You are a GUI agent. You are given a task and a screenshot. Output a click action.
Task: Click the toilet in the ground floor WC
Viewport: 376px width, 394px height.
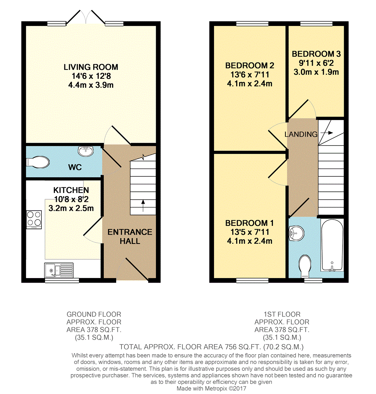click(38, 162)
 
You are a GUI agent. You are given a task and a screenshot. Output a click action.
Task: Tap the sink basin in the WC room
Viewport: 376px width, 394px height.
click(86, 151)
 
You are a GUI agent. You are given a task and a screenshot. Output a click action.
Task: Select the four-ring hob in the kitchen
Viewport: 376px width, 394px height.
click(34, 220)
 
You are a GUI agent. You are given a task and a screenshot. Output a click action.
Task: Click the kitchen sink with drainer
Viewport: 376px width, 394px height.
click(59, 270)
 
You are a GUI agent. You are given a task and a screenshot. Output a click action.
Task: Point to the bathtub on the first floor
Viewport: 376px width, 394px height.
click(332, 245)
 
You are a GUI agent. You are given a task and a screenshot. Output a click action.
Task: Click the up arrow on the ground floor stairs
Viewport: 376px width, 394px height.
click(143, 205)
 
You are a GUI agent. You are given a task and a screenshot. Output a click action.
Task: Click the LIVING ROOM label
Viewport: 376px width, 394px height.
click(91, 67)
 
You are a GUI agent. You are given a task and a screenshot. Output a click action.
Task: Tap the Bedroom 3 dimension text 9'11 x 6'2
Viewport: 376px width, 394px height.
click(316, 63)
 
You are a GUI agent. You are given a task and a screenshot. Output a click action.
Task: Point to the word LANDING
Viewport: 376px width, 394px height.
click(301, 134)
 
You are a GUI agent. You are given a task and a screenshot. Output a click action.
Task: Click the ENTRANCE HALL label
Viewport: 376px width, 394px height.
click(130, 236)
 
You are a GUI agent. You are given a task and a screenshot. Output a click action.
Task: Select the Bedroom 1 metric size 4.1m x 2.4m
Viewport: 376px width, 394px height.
click(250, 241)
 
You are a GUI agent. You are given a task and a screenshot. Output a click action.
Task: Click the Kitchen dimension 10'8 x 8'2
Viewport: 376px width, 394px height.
click(71, 199)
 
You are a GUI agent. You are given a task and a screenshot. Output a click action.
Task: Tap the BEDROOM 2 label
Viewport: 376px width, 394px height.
click(250, 66)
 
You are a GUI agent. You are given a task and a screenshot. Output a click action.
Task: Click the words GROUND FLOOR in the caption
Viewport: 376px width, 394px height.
click(94, 314)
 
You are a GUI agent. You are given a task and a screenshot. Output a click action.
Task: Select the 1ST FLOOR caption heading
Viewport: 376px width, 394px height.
click(282, 314)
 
